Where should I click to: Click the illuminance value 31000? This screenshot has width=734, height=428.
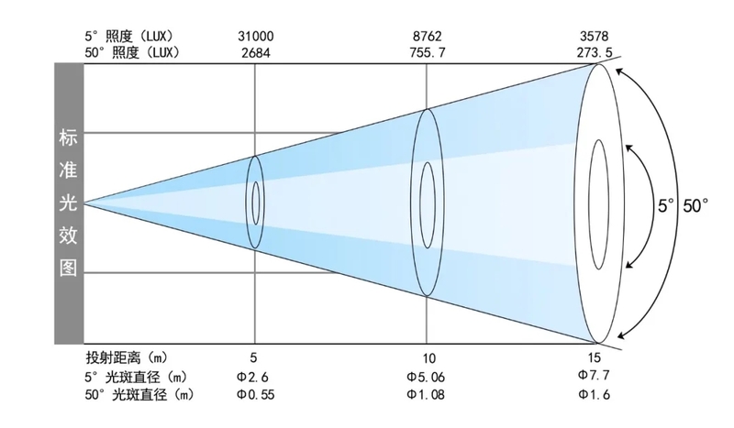(256, 36)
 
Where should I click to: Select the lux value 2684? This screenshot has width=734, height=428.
(256, 53)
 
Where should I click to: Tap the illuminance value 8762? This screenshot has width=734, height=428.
(427, 36)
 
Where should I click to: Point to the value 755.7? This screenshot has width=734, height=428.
(428, 53)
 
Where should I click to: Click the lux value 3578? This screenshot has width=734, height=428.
(594, 36)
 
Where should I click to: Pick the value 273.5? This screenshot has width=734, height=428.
(594, 52)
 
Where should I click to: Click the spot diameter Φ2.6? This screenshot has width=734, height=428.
(252, 377)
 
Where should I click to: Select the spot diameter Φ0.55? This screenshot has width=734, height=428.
(256, 394)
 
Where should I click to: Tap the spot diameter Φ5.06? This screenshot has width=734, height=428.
(426, 377)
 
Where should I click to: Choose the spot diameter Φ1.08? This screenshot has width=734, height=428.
(426, 394)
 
